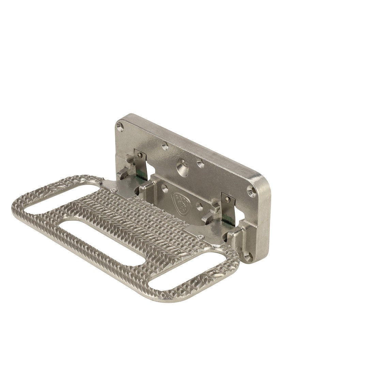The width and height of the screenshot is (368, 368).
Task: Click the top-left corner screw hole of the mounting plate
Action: pyautogui.click(x=119, y=127)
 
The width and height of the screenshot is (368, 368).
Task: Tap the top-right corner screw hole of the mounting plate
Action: pyautogui.click(x=251, y=191)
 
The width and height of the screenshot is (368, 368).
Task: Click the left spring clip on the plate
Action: pyautogui.click(x=141, y=164)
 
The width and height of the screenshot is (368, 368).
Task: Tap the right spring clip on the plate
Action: pyautogui.click(x=227, y=206)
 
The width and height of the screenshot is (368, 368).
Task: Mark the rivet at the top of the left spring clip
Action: pyautogui.click(x=140, y=155)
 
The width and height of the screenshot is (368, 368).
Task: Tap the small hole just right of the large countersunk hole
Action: pyautogui.click(x=201, y=164)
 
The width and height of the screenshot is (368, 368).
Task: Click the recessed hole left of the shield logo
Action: pyautogui.click(x=165, y=188)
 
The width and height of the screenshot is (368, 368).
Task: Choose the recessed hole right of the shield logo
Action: pyautogui.click(x=199, y=206)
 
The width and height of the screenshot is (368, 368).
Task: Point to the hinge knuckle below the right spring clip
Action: pyautogui.click(x=235, y=239)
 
